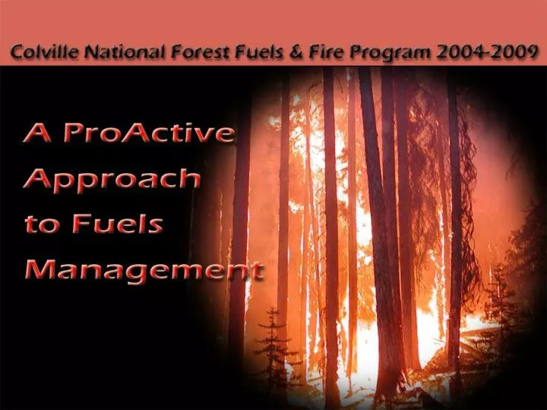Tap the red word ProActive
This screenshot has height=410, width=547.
pyautogui.click(x=149, y=133)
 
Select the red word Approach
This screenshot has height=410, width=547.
pyautogui.click(x=112, y=180)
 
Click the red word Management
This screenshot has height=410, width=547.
pyautogui.click(x=144, y=271)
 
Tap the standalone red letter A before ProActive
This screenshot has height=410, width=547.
pyautogui.click(x=37, y=133)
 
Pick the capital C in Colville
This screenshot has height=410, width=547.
pyautogui.click(x=17, y=52)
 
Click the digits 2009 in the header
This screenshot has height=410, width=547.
pyautogui.click(x=514, y=52)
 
